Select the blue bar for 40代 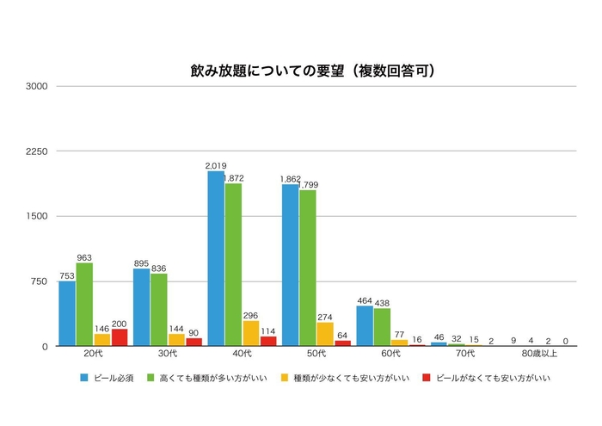(216, 258)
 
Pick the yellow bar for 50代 (325, 334)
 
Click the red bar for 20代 (120, 337)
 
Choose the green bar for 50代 (308, 268)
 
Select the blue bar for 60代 (365, 326)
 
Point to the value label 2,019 (215, 164)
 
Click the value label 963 (84, 256)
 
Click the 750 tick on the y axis (41, 281)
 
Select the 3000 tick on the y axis (39, 86)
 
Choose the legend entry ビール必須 (109, 377)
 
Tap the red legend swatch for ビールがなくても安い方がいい (428, 377)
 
